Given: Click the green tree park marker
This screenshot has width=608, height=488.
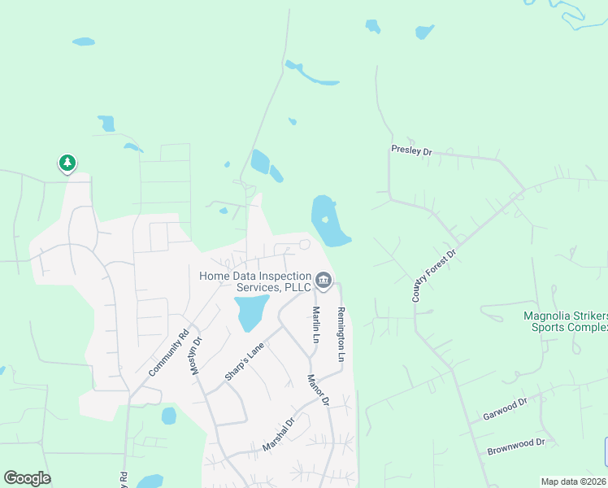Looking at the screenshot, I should [67, 163].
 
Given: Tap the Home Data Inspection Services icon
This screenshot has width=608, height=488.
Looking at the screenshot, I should [324, 281].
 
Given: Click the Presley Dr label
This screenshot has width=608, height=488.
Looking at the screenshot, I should [411, 150].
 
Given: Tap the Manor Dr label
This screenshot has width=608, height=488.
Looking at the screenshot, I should [318, 390].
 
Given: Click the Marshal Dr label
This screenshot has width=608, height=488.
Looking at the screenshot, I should [277, 436].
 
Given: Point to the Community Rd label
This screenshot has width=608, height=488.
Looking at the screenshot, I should [168, 351].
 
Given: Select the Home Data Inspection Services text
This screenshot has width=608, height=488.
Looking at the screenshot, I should [255, 281].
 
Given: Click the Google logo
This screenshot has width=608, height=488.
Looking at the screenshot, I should [27, 478].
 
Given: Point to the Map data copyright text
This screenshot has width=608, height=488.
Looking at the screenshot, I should [574, 481].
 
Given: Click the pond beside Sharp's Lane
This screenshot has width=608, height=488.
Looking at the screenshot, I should [251, 312].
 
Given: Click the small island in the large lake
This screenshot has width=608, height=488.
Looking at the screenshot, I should [324, 218].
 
